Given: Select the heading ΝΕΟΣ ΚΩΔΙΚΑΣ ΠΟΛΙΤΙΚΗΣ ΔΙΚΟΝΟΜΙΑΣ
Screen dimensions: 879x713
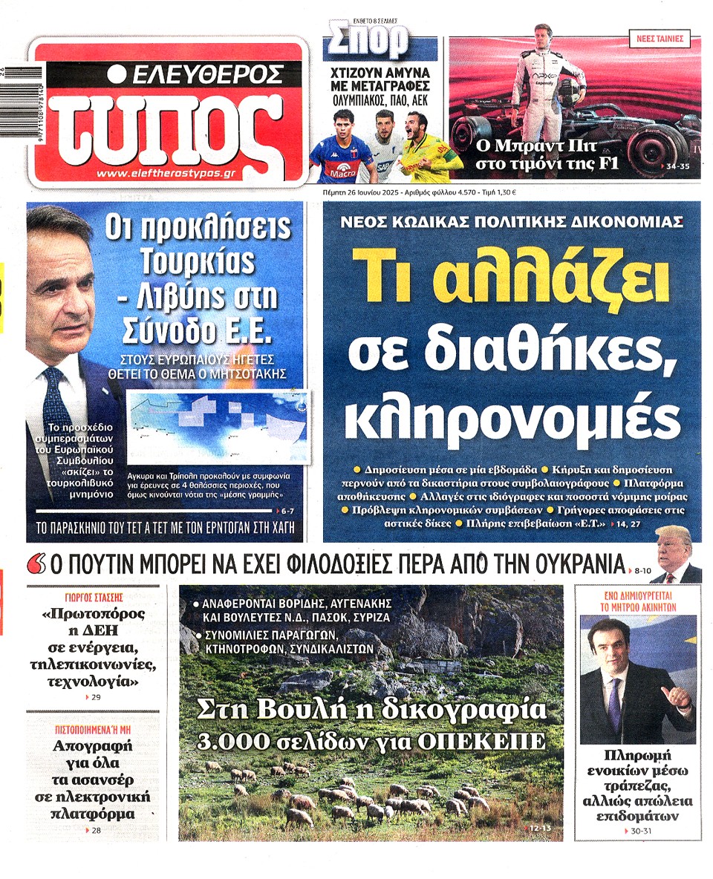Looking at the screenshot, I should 512,221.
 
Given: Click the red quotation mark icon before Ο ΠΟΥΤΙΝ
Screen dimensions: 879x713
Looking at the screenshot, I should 34,565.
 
